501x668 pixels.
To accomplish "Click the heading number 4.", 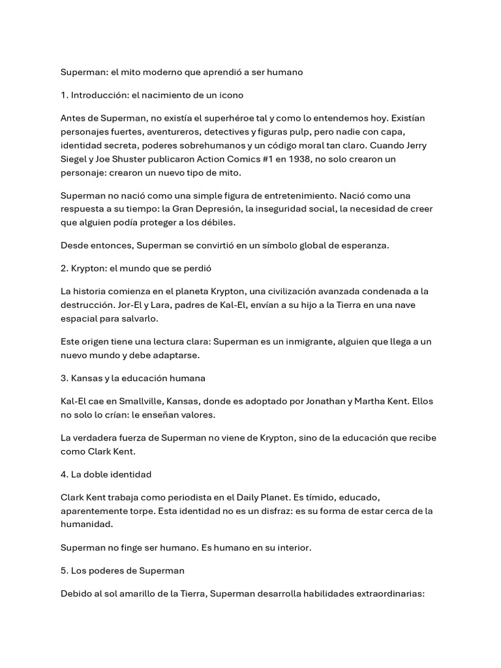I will [x=64, y=474].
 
